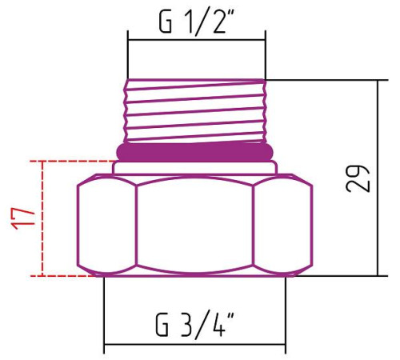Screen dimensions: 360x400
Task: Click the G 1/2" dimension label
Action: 195,23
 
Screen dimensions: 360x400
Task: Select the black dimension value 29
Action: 362,178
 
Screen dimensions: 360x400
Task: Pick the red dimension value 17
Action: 24,217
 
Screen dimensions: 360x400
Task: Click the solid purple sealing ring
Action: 195,150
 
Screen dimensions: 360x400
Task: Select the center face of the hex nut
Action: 195,226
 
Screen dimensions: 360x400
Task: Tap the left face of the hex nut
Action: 106,226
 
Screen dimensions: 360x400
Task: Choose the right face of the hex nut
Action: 284,226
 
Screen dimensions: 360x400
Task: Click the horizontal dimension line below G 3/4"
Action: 195,347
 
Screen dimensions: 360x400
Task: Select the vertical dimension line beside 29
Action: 377,178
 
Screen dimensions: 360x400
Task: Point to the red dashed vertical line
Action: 42,218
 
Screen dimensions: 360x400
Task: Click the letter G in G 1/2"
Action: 166,23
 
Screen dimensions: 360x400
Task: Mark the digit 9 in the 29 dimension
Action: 362,170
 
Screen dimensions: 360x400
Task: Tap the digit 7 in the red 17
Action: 24,210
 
